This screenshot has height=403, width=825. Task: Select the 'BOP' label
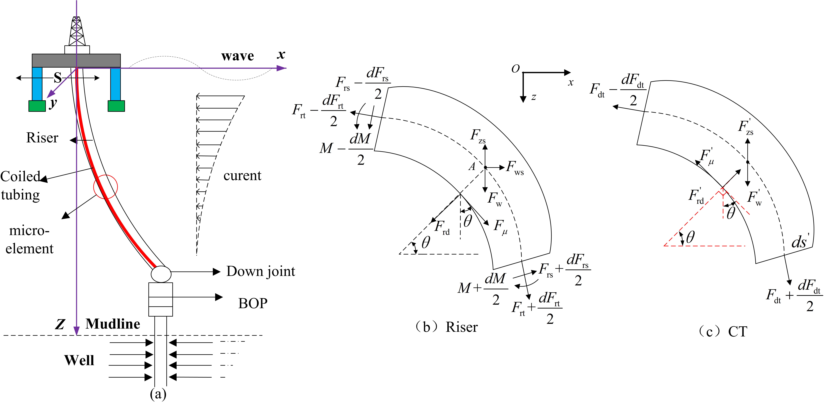[x=253, y=303]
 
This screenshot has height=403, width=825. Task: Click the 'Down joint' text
[x=261, y=271]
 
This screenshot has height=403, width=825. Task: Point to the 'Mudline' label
[x=113, y=324]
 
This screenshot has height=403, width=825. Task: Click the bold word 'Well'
[x=79, y=360]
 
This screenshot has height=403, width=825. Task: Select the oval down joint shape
[x=161, y=274]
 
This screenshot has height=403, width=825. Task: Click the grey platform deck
[x=76, y=61]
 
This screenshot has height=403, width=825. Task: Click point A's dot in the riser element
[x=485, y=167]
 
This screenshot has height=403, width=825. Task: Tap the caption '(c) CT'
[x=723, y=332]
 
